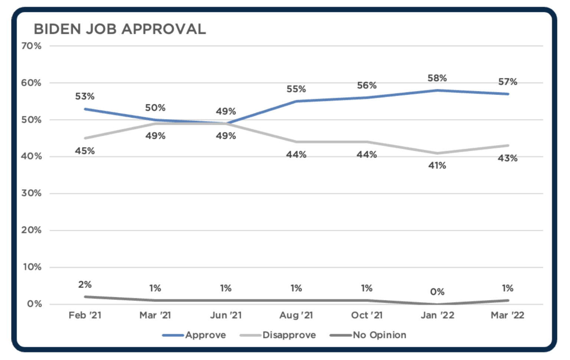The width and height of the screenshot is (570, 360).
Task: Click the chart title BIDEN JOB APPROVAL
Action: coord(119,29)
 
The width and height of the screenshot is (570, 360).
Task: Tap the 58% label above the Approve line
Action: coord(437,78)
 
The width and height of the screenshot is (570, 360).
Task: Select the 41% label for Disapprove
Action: coord(437,166)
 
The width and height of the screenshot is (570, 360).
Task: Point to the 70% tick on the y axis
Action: coord(31,46)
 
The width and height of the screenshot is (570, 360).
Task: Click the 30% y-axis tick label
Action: coord(31,193)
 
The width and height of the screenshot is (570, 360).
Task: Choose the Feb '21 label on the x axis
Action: coord(85,315)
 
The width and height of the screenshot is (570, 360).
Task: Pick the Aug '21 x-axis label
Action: coord(296,315)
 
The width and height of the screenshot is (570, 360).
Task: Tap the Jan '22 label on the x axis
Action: coord(437,315)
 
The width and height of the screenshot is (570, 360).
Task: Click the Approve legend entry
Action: coord(205,335)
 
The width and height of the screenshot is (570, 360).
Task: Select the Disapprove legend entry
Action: coord(289,335)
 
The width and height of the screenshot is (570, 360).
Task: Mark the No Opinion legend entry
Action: coord(379,335)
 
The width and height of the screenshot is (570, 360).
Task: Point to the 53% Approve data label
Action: coord(85,96)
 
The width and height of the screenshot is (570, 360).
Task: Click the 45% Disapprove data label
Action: coord(85,151)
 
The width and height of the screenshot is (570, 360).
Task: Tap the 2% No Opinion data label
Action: coord(85,285)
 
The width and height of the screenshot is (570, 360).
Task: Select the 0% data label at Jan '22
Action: coord(437,292)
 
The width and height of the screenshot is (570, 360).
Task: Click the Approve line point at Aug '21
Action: coord(296,101)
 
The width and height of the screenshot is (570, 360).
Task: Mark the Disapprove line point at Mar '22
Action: coord(508,145)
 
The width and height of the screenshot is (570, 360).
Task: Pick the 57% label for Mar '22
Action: coord(508,82)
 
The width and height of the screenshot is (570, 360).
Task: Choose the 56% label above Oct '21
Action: coord(367,86)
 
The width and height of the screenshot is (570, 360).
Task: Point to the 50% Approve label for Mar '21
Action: coord(155,108)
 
